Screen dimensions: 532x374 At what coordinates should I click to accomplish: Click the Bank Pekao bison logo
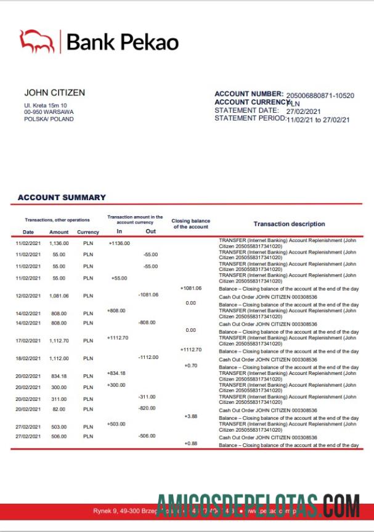pyautogui.click(x=38, y=41)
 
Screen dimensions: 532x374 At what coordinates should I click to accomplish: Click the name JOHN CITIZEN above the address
pyautogui.click(x=54, y=93)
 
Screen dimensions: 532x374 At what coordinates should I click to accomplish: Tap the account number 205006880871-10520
pyautogui.click(x=320, y=95)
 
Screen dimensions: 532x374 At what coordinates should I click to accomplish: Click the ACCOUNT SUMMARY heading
pyautogui.click(x=62, y=198)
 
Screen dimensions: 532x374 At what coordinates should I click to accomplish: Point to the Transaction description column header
pyautogui.click(x=289, y=224)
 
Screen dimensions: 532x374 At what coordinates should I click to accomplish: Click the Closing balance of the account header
pyautogui.click(x=190, y=224)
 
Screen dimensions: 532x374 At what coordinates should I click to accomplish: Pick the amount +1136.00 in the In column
pyautogui.click(x=119, y=243)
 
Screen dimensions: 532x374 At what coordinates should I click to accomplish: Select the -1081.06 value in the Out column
pyautogui.click(x=148, y=295)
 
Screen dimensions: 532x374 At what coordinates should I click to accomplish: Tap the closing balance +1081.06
pyautogui.click(x=190, y=288)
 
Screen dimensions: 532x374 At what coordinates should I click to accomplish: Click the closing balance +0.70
pyautogui.click(x=190, y=366)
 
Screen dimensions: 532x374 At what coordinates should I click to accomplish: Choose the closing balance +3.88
pyautogui.click(x=190, y=417)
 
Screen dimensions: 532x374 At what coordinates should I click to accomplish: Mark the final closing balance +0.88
pyautogui.click(x=190, y=444)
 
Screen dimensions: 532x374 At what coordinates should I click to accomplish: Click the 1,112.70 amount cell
pyautogui.click(x=59, y=341)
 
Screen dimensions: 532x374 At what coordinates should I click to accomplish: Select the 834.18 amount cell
pyautogui.click(x=59, y=376)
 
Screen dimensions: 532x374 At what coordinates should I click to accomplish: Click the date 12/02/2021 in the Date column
pyautogui.click(x=28, y=296)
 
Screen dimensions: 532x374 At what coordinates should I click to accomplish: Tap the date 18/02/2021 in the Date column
pyautogui.click(x=28, y=358)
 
